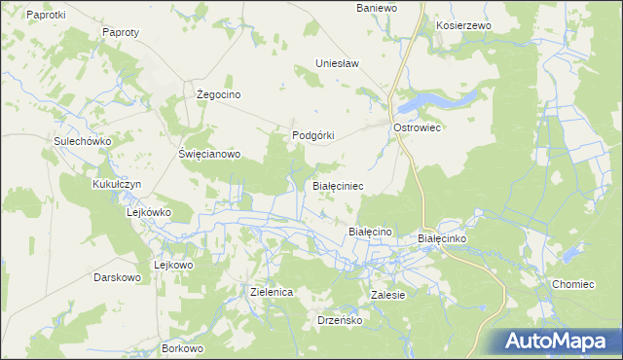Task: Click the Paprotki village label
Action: [46, 15]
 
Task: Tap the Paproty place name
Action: [121, 32]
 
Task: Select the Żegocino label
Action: [218, 94]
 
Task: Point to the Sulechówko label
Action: [84, 141]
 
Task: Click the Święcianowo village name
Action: [208, 154]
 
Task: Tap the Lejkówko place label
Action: [149, 211]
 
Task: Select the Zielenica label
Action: [272, 292]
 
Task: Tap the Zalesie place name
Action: [387, 294]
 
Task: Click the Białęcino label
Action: [369, 232]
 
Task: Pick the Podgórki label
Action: [313, 136]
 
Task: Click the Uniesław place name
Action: [337, 64]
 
